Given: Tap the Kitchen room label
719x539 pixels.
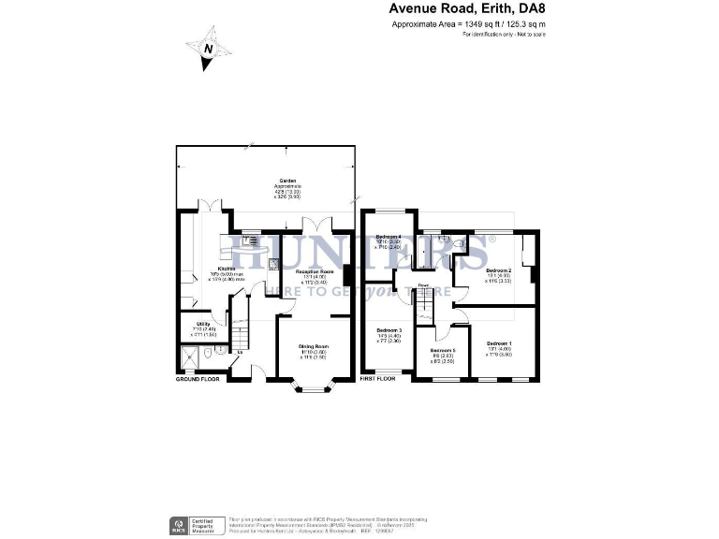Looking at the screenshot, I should [x=224, y=269].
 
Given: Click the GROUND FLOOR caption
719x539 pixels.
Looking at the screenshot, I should [x=198, y=380].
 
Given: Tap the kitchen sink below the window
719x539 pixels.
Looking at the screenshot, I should [x=250, y=240].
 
